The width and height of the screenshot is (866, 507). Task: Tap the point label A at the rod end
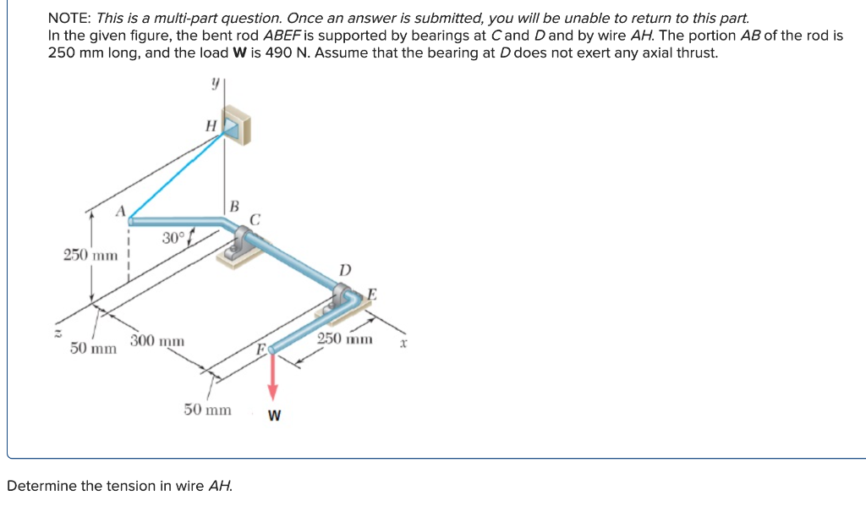[121, 210]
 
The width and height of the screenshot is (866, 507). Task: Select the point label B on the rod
[234, 205]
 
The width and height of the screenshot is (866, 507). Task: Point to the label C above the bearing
[255, 219]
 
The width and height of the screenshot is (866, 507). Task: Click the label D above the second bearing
[344, 270]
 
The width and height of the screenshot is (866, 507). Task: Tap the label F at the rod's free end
[262, 349]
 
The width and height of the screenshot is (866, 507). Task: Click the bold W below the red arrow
[275, 416]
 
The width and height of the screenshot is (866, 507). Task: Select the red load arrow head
[272, 393]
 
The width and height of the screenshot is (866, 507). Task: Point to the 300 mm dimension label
[156, 341]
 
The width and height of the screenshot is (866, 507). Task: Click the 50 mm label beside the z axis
[93, 348]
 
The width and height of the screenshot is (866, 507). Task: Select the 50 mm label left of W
[207, 410]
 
